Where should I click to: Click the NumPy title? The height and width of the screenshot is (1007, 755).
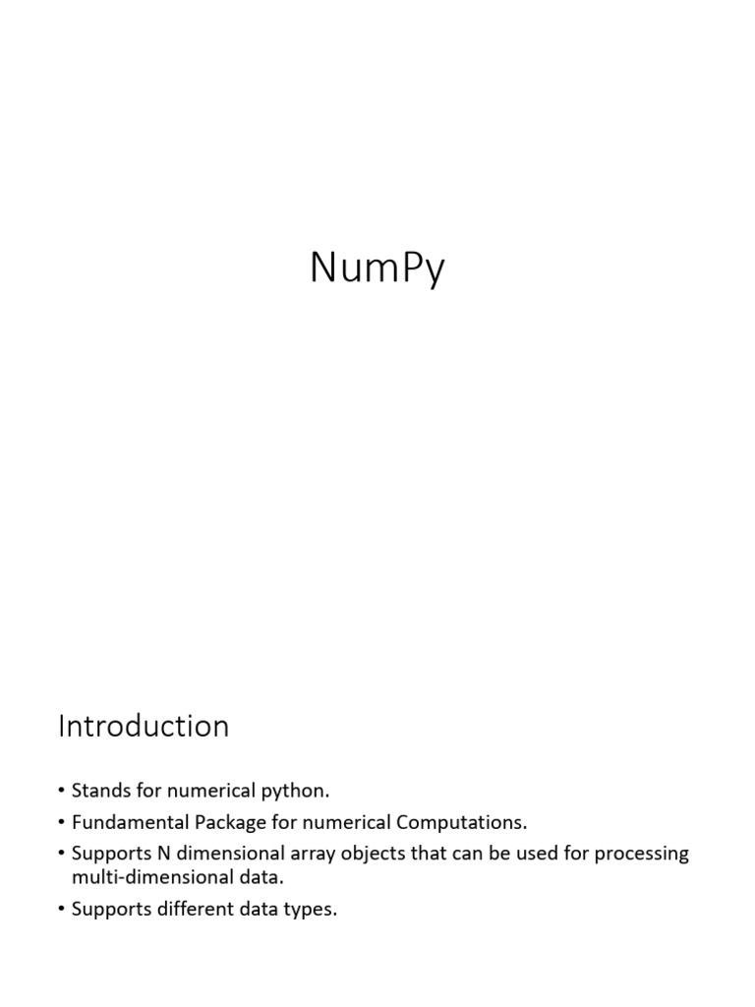click(x=377, y=267)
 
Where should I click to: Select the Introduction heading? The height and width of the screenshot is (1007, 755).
click(x=144, y=727)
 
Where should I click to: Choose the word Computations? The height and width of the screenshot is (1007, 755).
click(x=466, y=821)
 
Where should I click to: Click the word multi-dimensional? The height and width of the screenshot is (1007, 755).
click(x=146, y=877)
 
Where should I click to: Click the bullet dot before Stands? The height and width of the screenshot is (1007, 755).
click(x=62, y=791)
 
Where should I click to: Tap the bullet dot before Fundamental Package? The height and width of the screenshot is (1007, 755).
click(x=62, y=822)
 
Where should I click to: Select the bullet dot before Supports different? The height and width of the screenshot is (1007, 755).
click(x=62, y=911)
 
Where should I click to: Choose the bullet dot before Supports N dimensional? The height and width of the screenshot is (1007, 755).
click(x=62, y=854)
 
